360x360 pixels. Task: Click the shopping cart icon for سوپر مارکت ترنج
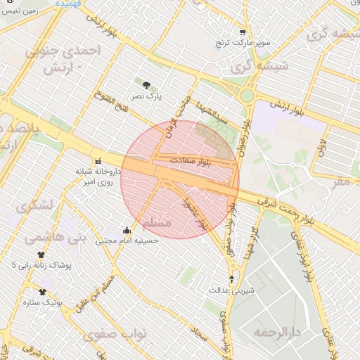point(243,32)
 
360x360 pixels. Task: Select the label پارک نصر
point(148,95)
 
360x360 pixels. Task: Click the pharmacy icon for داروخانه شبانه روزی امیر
point(98,161)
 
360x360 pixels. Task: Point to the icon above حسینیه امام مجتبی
point(127,230)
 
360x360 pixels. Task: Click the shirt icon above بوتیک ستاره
point(42,291)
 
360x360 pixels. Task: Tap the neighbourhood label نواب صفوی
point(138,334)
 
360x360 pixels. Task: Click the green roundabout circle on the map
point(247,95)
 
